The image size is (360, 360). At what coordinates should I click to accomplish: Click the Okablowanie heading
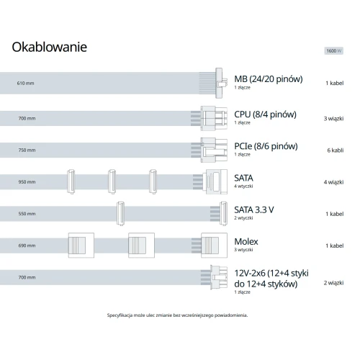click(50, 47)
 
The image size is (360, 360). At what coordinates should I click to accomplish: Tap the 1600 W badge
click(334, 51)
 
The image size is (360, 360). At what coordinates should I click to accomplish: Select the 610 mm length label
click(25, 84)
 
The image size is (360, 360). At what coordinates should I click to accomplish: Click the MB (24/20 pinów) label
click(269, 79)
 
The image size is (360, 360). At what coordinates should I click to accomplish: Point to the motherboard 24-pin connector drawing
click(221, 83)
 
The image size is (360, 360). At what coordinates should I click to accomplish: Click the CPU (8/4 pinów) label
click(265, 114)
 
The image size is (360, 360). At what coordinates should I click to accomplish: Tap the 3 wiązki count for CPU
click(333, 119)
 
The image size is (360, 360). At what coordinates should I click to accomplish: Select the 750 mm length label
click(27, 150)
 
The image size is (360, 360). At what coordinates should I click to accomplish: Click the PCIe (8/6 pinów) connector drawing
click(214, 150)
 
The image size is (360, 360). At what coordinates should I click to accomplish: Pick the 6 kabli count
click(336, 150)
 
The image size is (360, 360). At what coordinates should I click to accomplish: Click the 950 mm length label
click(27, 182)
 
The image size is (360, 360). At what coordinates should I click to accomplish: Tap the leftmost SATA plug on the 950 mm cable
click(71, 181)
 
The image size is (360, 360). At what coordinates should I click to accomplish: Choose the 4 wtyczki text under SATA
click(243, 186)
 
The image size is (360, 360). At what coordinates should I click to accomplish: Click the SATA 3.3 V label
click(254, 210)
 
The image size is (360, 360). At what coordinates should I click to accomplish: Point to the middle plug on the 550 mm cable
click(120, 214)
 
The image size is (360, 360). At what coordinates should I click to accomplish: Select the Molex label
click(246, 241)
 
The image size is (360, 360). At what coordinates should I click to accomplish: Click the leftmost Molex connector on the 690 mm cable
click(81, 246)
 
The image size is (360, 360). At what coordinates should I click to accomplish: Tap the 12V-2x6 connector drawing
click(219, 277)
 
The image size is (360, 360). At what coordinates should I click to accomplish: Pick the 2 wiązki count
click(333, 283)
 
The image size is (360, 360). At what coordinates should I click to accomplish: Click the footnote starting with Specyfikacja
click(177, 315)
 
